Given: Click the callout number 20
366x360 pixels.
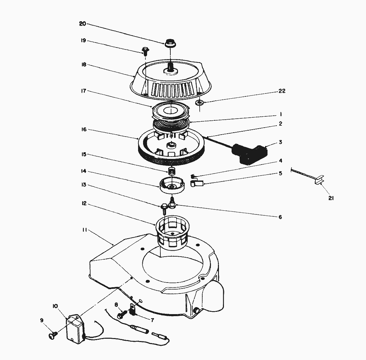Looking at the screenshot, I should (83, 24).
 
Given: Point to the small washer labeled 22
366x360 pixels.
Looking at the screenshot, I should (200, 102).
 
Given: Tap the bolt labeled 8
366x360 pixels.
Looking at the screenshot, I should (121, 313).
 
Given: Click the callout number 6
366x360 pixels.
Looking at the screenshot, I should (280, 217).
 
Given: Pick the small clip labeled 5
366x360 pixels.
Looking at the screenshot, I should (196, 183).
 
